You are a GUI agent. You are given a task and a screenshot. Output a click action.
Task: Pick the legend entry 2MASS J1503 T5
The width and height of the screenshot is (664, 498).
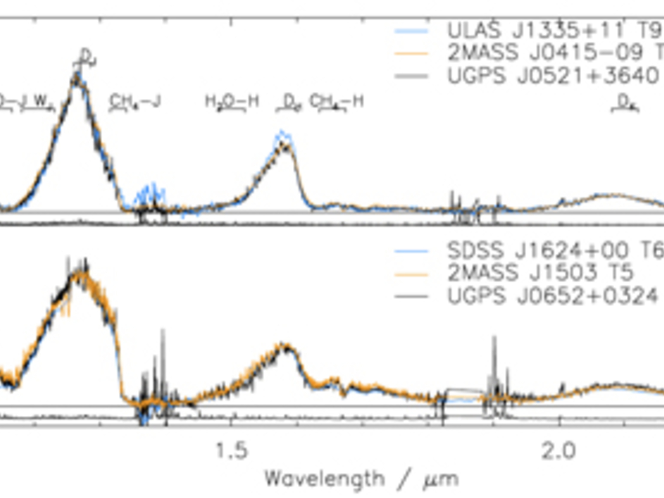540,272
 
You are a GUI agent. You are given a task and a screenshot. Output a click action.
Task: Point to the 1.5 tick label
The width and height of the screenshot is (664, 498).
231,451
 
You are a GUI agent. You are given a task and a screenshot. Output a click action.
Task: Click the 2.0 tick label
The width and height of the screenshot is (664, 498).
559,451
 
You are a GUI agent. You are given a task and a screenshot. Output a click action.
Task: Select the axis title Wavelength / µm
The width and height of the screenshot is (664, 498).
362,479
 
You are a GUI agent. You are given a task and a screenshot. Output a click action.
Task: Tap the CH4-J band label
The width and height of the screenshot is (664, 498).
135,102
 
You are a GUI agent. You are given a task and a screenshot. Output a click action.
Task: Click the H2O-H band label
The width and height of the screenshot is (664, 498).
232,102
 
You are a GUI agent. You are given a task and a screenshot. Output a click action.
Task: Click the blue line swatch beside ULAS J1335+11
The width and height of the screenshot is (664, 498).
411,31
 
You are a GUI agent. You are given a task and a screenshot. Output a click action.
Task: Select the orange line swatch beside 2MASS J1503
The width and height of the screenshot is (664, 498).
411,275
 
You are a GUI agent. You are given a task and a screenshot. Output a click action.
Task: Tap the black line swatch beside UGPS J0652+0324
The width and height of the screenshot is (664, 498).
411,296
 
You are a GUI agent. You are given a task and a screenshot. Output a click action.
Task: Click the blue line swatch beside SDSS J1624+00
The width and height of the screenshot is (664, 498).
411,251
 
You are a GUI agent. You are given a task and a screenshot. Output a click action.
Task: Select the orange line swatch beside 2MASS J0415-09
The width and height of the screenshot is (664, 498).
411,53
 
